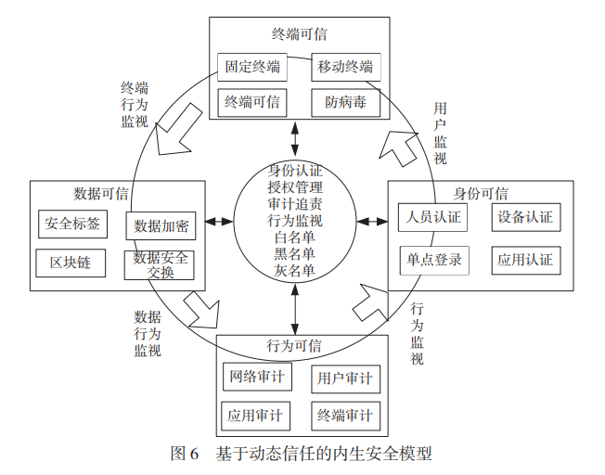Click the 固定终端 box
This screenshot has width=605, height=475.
point(252,67)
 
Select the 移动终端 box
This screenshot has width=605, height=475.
point(345,67)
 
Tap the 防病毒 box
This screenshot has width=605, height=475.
point(345,102)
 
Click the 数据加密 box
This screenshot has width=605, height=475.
point(161,225)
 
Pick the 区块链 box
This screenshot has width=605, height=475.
point(71,263)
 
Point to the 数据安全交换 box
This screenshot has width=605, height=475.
point(160,263)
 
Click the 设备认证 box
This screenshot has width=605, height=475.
point(524,218)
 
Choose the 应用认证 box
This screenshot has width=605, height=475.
point(524,259)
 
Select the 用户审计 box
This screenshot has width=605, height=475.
point(345,379)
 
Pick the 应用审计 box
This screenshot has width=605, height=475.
point(255,415)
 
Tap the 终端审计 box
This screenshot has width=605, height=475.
point(345,415)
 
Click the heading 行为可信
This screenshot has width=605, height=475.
point(295,346)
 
